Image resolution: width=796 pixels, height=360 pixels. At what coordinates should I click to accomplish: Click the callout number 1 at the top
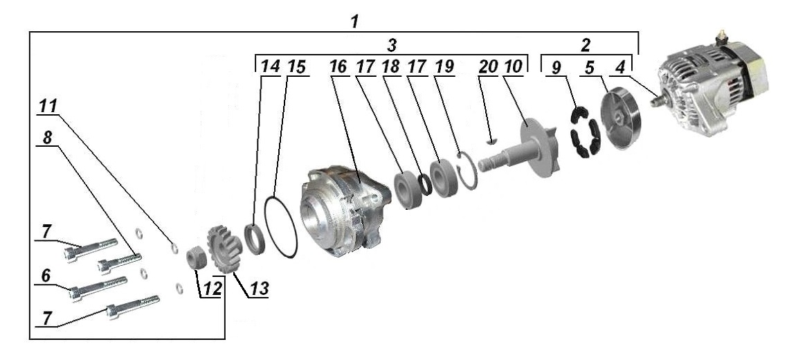tap(354, 20)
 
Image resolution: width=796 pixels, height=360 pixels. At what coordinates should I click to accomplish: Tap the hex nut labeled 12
tap(196, 259)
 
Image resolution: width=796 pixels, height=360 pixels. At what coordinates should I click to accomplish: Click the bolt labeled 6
tap(98, 287)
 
